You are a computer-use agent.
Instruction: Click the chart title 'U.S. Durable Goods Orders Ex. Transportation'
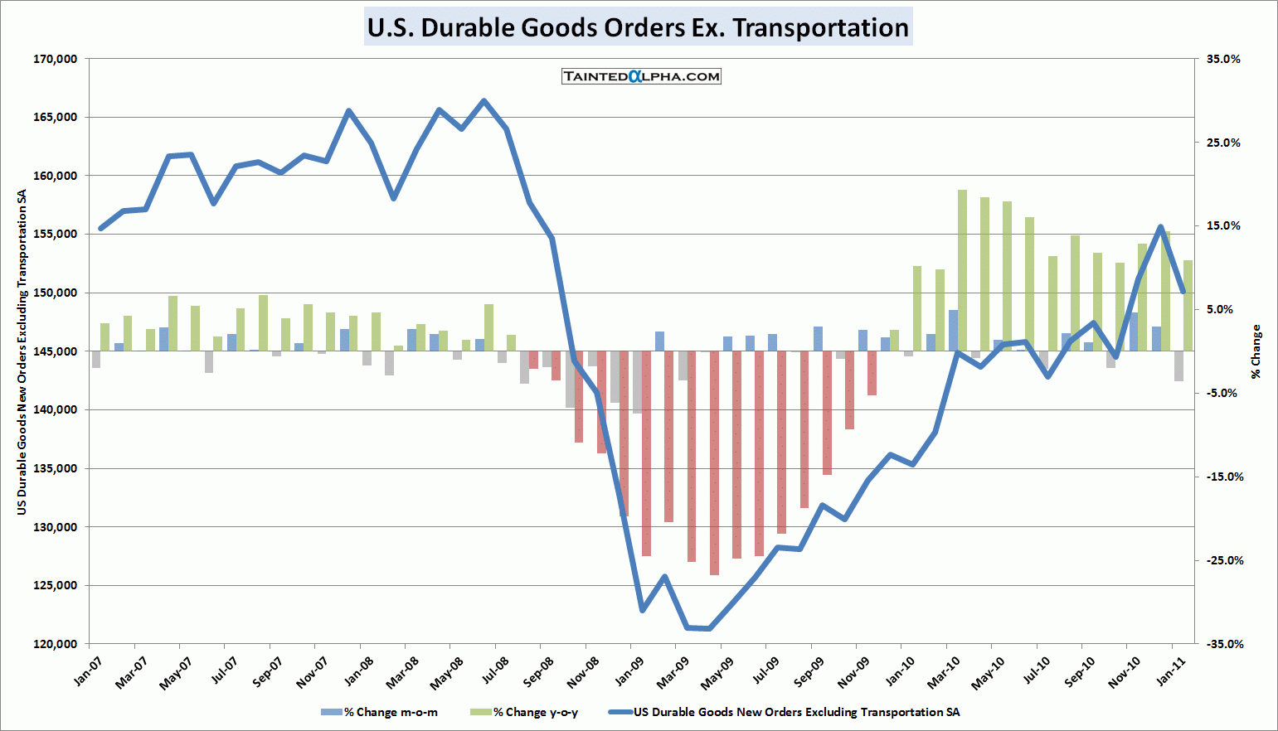(x=638, y=27)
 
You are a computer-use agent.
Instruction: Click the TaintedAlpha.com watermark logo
(x=641, y=76)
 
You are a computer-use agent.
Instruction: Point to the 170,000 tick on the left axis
(x=56, y=59)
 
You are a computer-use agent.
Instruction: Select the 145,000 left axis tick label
(x=56, y=351)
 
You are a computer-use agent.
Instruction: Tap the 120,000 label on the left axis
(x=56, y=644)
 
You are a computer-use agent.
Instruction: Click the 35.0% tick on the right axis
(x=1223, y=59)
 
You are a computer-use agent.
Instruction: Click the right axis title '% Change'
(x=1256, y=351)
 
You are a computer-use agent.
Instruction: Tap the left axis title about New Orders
(x=22, y=351)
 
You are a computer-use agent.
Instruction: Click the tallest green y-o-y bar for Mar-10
(x=962, y=270)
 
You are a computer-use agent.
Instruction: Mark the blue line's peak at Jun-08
(x=484, y=101)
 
